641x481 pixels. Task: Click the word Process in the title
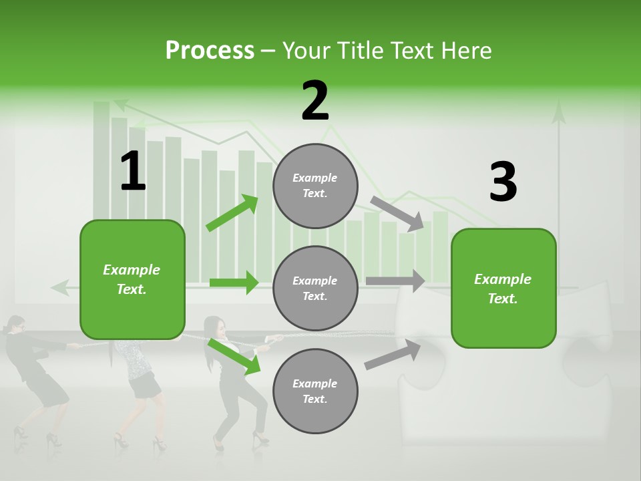(210, 50)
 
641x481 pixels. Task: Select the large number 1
(132, 172)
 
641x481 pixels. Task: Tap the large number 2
(315, 102)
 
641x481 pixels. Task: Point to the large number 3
(503, 182)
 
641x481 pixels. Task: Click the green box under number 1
(132, 279)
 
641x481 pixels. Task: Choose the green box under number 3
(503, 288)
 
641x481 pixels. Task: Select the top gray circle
(315, 186)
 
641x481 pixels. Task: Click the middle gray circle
(315, 288)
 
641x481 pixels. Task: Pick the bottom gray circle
(315, 391)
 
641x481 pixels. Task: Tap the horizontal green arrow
(234, 283)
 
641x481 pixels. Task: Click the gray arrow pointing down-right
(397, 214)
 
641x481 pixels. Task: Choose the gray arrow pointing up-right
(393, 355)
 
